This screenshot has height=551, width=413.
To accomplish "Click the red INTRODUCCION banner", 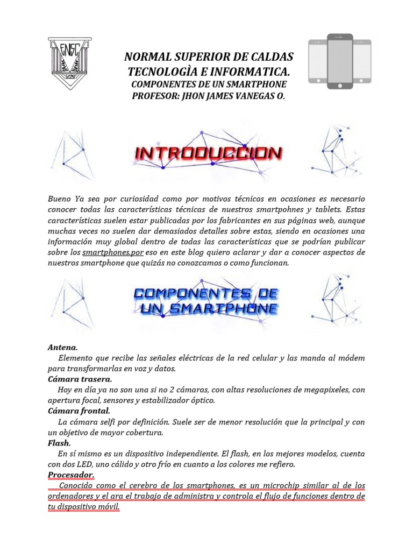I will (x=208, y=154).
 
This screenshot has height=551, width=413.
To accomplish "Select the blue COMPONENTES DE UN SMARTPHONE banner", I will (x=205, y=301).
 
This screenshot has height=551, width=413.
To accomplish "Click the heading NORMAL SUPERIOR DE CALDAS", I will (x=209, y=57).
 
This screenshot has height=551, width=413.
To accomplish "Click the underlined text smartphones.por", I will (x=111, y=252).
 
